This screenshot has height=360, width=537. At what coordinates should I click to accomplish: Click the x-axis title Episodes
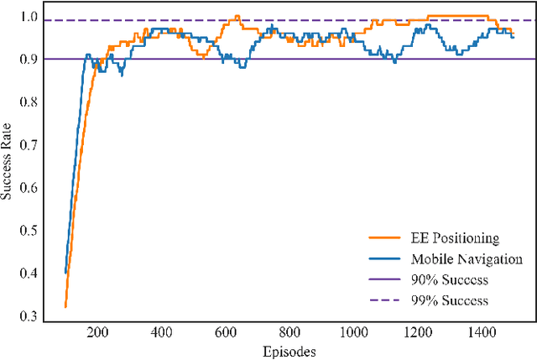point(289,352)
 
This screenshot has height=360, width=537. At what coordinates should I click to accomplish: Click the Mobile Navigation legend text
point(467,259)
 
